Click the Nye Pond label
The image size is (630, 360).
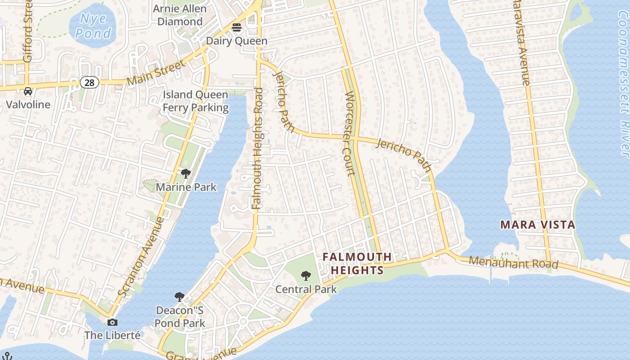point(93,26)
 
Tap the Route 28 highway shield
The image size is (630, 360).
point(90,82)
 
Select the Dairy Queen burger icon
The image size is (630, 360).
point(237,27)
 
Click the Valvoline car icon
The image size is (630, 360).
point(28,91)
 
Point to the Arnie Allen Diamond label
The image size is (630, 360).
point(180,15)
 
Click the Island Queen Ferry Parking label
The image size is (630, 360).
point(195,101)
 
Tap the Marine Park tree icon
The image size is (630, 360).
point(185,174)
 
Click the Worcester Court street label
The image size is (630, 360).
point(350,134)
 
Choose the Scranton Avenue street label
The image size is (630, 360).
point(141,256)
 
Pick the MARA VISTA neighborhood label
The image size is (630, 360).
point(538,225)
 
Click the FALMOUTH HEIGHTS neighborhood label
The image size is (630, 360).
point(357,263)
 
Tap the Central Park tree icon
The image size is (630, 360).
point(306,275)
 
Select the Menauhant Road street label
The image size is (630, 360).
point(513,262)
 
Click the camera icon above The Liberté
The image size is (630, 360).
point(112,322)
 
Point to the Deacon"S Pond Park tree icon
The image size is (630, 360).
point(180,297)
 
